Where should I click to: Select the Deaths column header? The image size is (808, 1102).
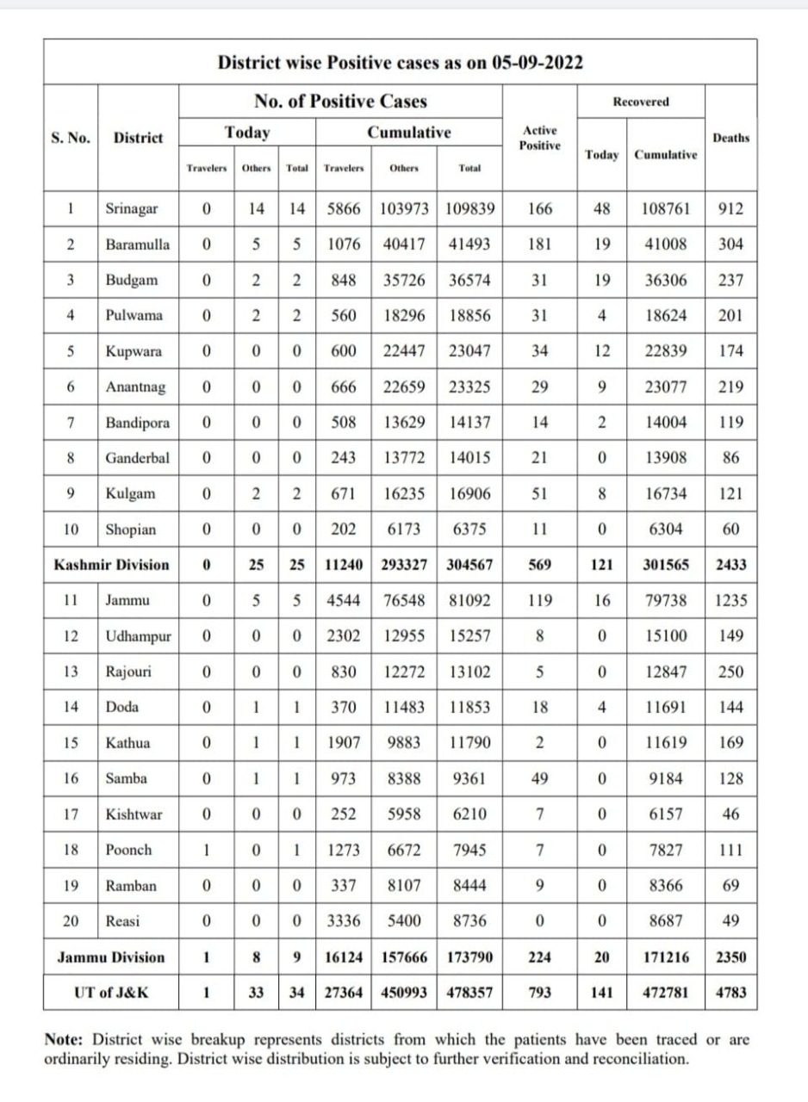730,138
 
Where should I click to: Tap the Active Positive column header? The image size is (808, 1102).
540,138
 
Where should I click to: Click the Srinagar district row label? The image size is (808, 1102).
131,208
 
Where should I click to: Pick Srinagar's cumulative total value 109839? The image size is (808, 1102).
469,208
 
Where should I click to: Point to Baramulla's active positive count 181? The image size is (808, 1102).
539,244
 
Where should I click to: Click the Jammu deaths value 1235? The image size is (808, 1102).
730,600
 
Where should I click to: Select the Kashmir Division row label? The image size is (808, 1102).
111,565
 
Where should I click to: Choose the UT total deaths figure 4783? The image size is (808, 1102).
730,992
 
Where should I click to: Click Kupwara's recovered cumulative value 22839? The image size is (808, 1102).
666,351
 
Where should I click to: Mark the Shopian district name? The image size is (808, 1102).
131,529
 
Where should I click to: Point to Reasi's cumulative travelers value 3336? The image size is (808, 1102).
343,920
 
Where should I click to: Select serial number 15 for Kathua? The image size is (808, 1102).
71,743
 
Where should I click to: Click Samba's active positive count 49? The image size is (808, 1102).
539,778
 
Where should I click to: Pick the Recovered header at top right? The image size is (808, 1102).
641,102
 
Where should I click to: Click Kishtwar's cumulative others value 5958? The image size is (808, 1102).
404,814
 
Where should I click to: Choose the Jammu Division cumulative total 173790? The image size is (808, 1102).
469,957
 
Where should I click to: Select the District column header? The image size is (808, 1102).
138,138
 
